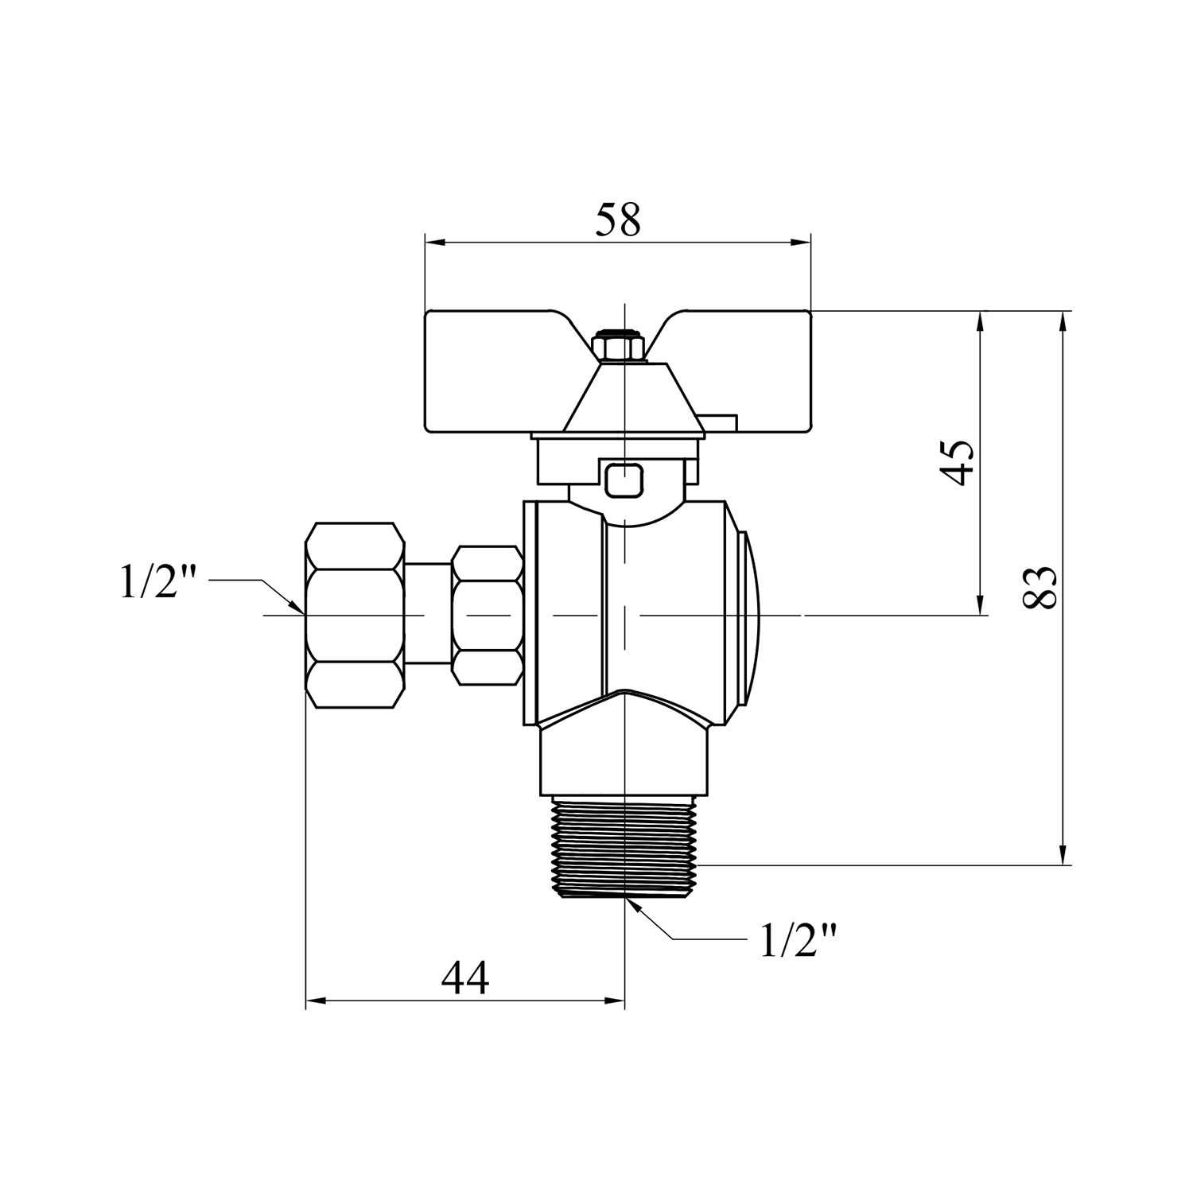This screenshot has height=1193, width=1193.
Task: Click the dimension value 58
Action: pyautogui.click(x=618, y=220)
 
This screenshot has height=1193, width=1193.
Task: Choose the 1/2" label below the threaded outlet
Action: pyautogui.click(x=799, y=940)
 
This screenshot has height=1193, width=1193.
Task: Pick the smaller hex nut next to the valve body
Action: pyautogui.click(x=487, y=615)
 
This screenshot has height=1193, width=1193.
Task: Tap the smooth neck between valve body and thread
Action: pyautogui.click(x=624, y=760)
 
